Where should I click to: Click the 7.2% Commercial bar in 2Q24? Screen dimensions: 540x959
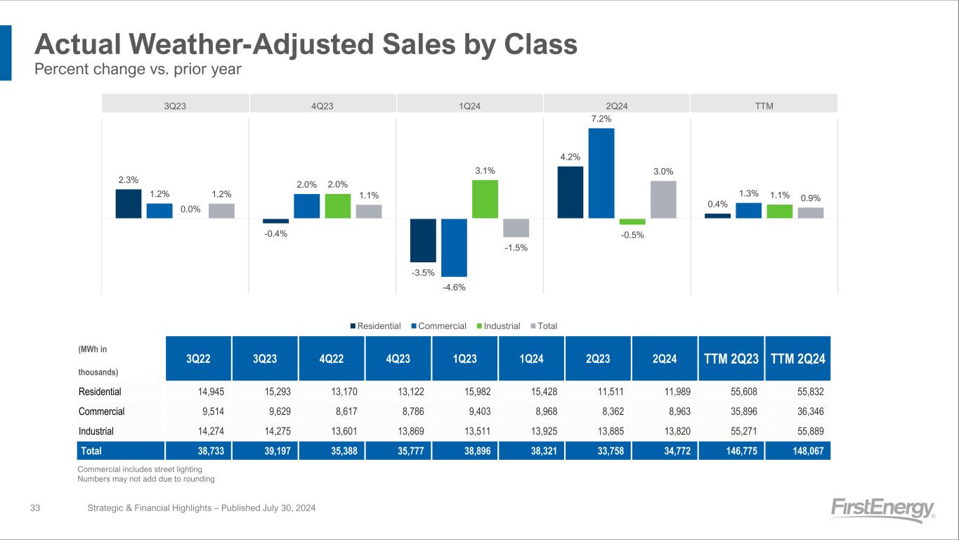coord(601,173)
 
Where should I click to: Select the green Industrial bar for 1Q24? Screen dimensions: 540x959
coord(485,199)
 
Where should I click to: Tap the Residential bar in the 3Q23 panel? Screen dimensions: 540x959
coord(129,204)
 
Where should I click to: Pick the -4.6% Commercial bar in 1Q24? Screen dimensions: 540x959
coord(454,247)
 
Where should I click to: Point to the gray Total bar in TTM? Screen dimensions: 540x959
coord(811,213)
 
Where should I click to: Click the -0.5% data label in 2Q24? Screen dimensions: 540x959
coord(632,235)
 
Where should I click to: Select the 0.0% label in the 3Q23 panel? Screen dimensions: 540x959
coord(190,208)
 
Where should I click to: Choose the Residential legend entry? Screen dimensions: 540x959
coord(376,326)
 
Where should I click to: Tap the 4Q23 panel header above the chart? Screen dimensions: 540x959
coord(322,106)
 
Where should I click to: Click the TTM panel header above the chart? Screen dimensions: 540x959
coord(764,106)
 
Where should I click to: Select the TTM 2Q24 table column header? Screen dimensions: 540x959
coord(797,358)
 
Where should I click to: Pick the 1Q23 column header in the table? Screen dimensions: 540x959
coord(465,358)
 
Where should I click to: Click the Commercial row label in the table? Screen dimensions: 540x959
coord(102,412)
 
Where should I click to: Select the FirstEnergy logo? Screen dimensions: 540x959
coord(882,510)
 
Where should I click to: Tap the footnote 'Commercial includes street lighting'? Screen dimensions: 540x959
coord(139,469)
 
